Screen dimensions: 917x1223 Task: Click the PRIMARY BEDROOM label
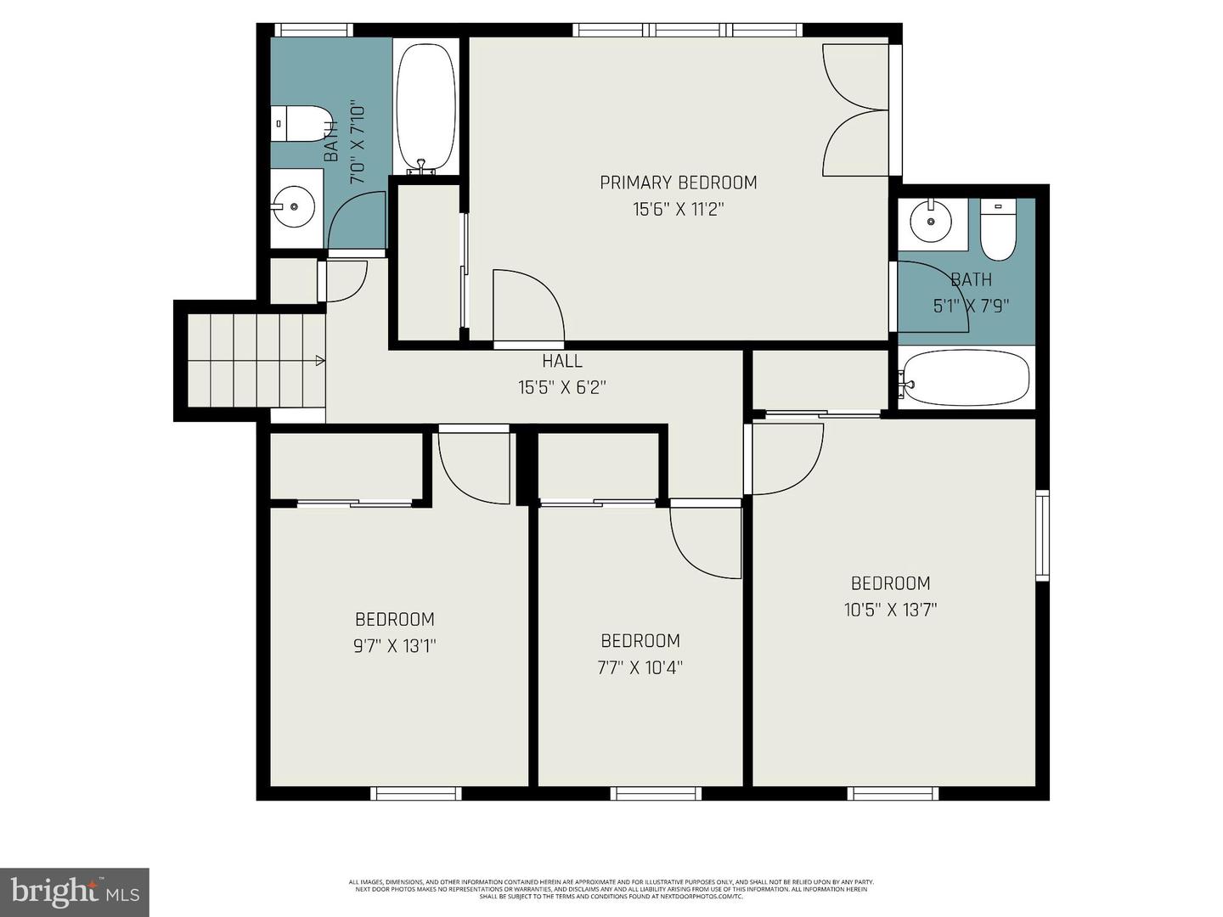point(678,183)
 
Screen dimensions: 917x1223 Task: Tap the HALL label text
point(562,361)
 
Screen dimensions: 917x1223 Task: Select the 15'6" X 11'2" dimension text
point(678,209)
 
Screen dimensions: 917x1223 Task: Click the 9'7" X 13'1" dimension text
point(394,646)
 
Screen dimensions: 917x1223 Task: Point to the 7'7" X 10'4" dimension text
point(640,667)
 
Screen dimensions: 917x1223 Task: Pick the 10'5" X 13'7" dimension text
point(890,610)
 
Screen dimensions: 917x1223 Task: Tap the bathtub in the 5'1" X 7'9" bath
point(967,379)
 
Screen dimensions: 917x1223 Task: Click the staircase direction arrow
point(319,361)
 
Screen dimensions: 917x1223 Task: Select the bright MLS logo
point(75,892)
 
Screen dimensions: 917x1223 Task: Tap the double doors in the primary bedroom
point(855,110)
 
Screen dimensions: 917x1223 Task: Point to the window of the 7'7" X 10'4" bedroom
point(656,794)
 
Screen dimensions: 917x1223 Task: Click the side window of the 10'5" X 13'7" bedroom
point(1042,535)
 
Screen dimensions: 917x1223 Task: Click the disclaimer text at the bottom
point(611,889)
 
